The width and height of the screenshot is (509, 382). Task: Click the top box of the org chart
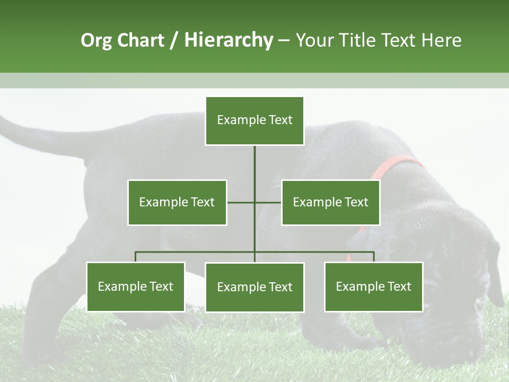point(254,120)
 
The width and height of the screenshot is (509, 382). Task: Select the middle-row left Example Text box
point(177,202)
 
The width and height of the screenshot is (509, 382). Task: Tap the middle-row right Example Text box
point(330,202)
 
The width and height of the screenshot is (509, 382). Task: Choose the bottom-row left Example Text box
point(136,286)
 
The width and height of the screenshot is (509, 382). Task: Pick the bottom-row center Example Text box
point(254,287)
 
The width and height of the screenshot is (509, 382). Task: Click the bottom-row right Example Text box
point(373,286)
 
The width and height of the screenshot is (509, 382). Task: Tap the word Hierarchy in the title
point(229,40)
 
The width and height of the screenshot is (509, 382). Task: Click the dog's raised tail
point(32,138)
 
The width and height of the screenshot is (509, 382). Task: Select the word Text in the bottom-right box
point(399,286)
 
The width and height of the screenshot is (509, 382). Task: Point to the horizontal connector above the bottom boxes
point(196,252)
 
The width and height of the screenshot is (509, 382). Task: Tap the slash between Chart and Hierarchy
point(174,40)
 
